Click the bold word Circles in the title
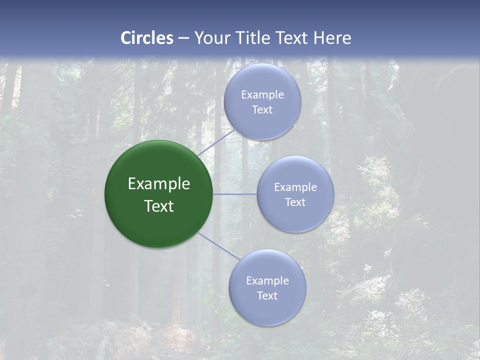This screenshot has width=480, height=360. coord(147,38)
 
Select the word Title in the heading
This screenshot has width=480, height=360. coord(256,38)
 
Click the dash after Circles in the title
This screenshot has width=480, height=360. coord(183,38)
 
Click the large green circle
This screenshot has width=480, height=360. coord(158,225)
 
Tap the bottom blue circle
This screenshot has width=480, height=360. coord(267,312)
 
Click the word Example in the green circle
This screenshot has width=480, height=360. coord(159,184)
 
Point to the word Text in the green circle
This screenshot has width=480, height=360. coord(159,206)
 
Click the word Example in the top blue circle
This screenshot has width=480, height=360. coord(262,95)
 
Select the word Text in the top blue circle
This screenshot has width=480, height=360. coord(262,110)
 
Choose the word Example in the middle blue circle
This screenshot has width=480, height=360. coord(295,187)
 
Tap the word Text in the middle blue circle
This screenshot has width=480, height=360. coord(295,202)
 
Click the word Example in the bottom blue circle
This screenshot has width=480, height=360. coord(267,281)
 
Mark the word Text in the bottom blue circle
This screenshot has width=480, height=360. coord(267,296)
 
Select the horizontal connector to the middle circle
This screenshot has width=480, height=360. coord(235,194)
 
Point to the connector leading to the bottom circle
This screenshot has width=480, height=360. coord(218,245)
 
